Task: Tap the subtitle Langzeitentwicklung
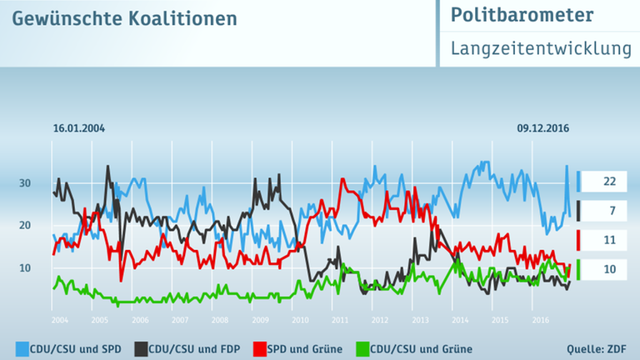(540, 49)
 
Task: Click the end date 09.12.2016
(542, 128)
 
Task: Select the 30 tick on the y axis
(25, 183)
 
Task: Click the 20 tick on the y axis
(25, 225)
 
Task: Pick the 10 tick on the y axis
(25, 267)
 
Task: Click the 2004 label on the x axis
(59, 320)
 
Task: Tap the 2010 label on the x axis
(300, 320)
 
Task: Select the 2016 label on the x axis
(540, 320)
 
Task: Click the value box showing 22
(609, 182)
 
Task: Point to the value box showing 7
(609, 212)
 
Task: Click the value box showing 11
(609, 241)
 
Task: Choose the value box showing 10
(609, 270)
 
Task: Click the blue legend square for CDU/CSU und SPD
(21, 348)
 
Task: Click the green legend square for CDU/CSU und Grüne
(362, 348)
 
